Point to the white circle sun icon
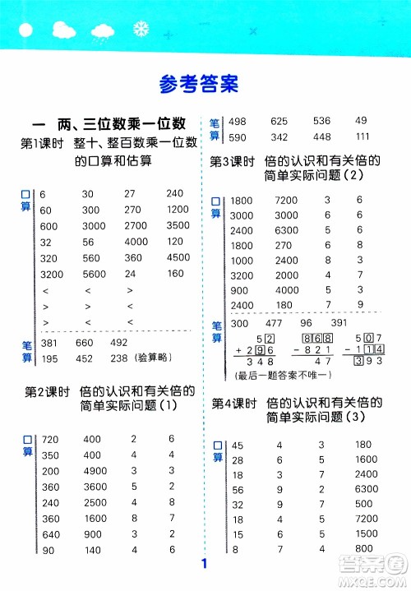pyautogui.click(x=24, y=30)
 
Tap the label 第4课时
pyautogui.click(x=230, y=404)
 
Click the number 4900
pyautogui.click(x=96, y=471)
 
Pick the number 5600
pyautogui.click(x=95, y=275)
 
